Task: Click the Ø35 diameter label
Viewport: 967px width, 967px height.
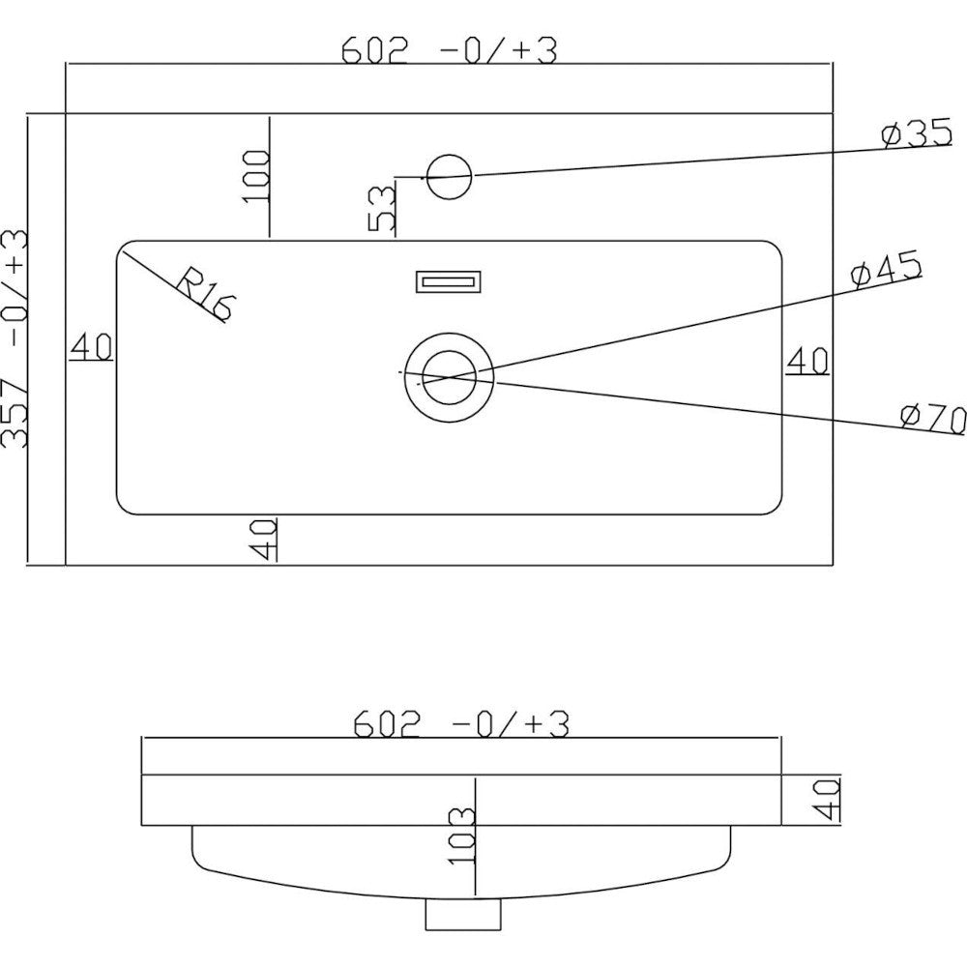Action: click(917, 133)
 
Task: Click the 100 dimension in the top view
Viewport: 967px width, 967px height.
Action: click(255, 176)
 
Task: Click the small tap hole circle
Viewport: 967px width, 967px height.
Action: click(450, 177)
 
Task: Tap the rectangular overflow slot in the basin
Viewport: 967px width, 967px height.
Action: click(449, 281)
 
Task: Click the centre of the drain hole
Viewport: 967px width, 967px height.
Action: click(449, 376)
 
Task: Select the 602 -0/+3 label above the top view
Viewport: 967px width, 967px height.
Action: click(449, 50)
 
